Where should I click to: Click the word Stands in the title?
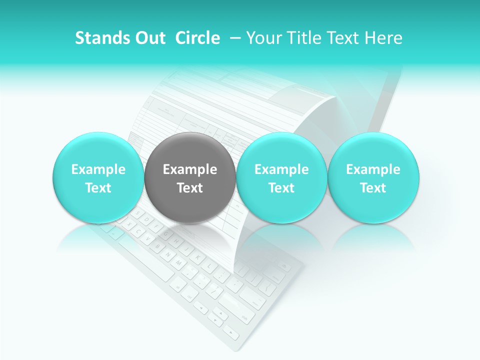click(98, 38)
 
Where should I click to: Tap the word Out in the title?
click(148, 38)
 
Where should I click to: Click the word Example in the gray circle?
click(190, 169)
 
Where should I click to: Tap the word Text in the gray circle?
click(190, 188)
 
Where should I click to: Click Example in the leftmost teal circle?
click(98, 169)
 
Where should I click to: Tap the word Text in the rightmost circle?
click(373, 188)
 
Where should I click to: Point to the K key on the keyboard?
click(198, 257)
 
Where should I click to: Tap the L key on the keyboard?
click(209, 265)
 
